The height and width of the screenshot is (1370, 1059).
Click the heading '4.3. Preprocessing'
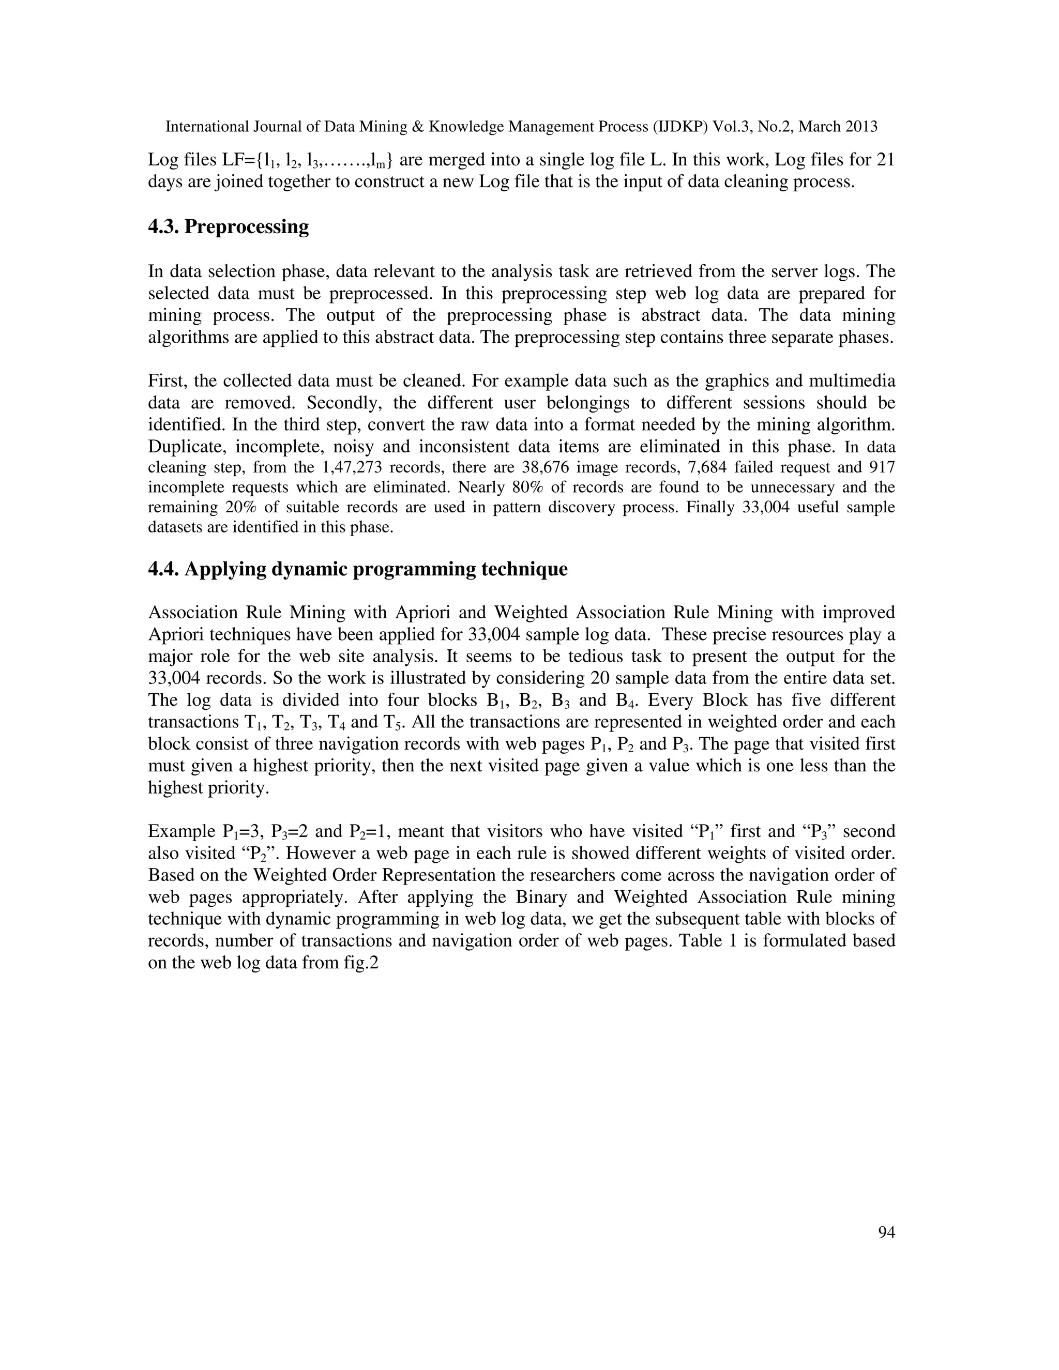229,226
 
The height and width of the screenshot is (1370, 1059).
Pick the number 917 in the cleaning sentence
883,467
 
